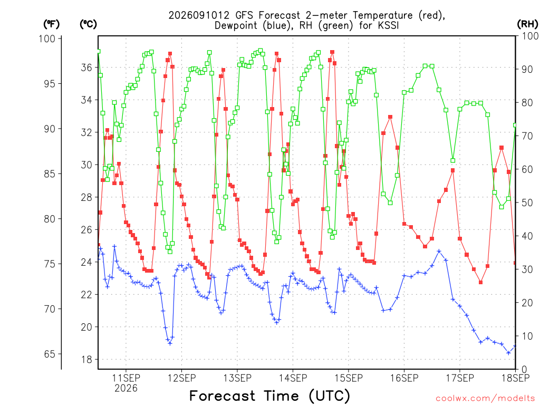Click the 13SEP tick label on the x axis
pos(237,378)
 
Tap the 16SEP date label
pos(404,378)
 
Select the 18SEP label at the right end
pos(516,378)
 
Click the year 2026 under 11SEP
pos(126,389)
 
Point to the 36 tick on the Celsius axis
pos(86,67)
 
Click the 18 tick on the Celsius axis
pos(86,360)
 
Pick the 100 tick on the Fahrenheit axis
pos(47,38)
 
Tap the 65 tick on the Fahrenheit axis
pos(50,354)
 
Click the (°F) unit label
pos(51,24)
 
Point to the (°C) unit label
pos(89,24)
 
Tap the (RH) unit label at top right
pos(528,24)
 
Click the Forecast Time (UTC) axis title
pos(269,396)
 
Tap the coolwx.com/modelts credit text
pos(485,399)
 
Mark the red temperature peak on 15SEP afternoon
pos(390,117)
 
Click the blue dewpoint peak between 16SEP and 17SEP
pos(439,252)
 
